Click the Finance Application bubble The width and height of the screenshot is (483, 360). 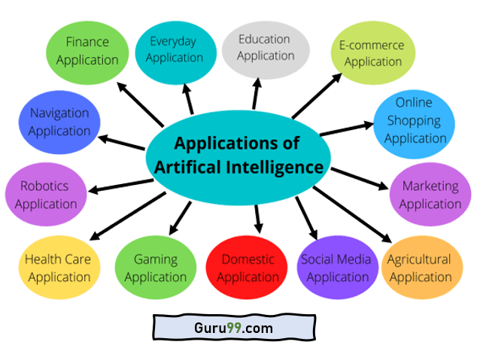tap(87, 50)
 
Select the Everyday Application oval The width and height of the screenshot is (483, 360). tap(175, 49)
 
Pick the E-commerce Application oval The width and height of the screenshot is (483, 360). tap(373, 53)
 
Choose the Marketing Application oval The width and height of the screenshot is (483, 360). tap(430, 195)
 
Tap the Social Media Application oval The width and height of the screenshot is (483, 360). tap(336, 268)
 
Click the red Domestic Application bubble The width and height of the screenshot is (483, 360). tap(247, 268)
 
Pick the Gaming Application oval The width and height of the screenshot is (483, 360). tap(156, 268)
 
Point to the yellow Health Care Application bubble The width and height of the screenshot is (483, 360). tap(58, 268)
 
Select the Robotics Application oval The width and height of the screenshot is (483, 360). tap(44, 195)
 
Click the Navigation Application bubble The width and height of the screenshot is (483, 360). tap(59, 122)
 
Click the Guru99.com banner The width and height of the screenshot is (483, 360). tap(232, 328)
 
